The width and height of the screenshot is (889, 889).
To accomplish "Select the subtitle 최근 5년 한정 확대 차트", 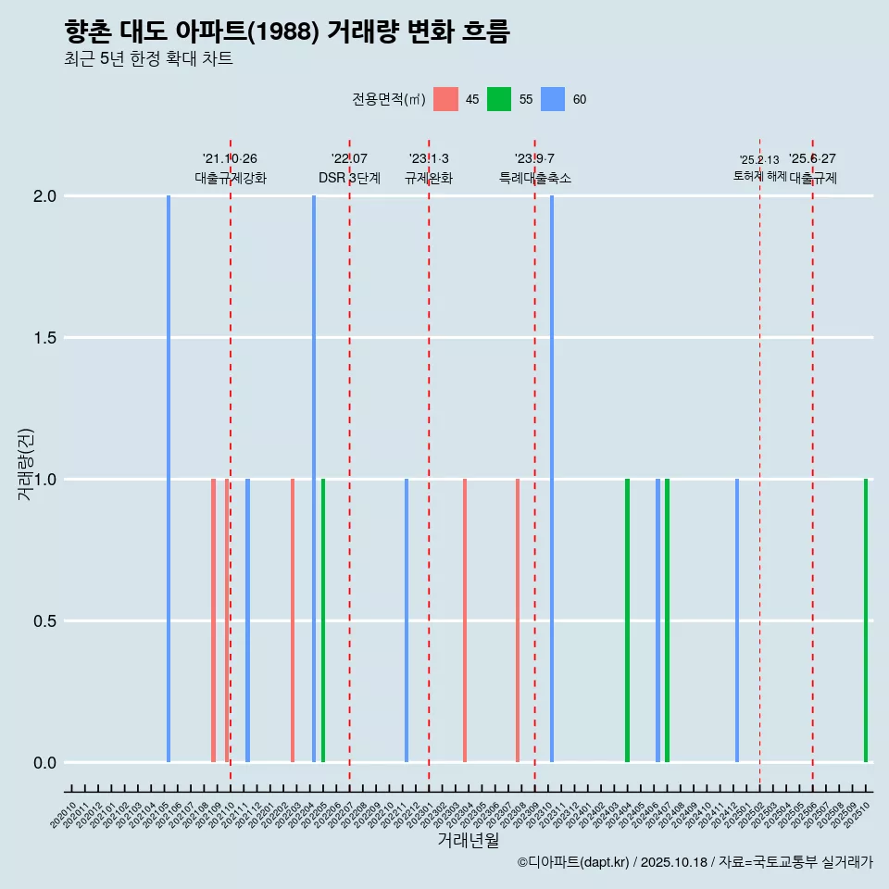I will click(x=148, y=59).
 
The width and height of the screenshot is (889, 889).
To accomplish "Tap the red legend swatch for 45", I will click(x=445, y=99).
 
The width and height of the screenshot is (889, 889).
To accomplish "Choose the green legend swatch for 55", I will click(x=499, y=99).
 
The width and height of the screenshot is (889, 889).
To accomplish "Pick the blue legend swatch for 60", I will click(x=553, y=99).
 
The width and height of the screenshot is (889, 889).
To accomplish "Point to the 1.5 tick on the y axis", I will click(x=44, y=338).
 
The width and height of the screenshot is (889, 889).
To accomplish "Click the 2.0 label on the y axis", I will click(x=44, y=196).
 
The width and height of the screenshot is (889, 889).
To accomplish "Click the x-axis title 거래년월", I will click(x=468, y=840).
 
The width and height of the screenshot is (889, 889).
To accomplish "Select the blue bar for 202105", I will click(x=169, y=479).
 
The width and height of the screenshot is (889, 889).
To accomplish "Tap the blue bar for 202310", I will click(x=552, y=479).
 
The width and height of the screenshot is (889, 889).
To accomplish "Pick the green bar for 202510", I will click(x=866, y=620).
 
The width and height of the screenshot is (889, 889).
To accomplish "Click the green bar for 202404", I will click(x=627, y=620).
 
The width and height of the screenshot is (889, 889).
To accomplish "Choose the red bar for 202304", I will click(x=465, y=620).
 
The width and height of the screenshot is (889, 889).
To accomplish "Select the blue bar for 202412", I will click(x=737, y=620).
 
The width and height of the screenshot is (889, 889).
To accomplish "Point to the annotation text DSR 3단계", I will click(x=349, y=178).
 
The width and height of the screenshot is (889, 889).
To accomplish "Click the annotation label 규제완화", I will click(x=429, y=178).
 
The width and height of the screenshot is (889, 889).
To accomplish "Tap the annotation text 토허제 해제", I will click(x=759, y=176).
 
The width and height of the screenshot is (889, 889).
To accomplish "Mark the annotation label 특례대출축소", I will click(x=535, y=178).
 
